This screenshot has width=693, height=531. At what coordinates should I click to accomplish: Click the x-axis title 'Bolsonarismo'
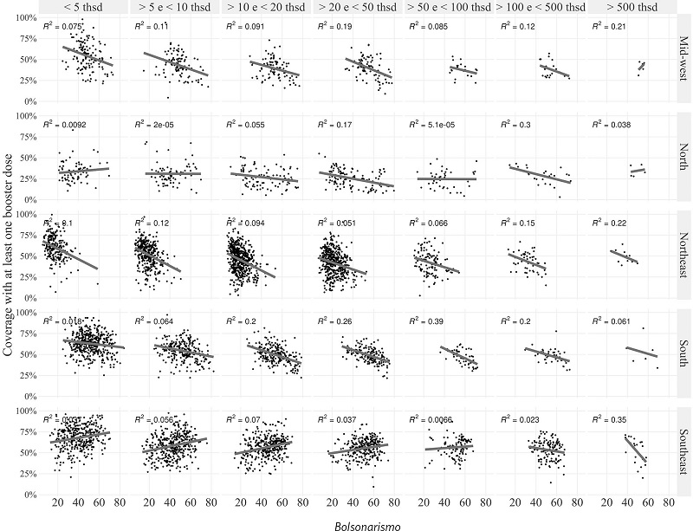[357, 523]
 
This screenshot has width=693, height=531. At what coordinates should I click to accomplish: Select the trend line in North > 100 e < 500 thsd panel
[540, 173]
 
